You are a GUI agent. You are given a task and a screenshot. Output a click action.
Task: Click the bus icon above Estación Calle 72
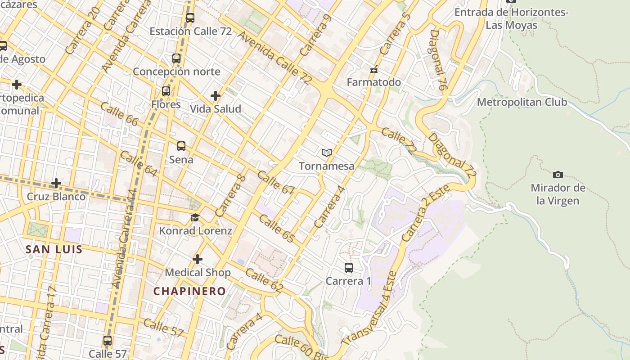[190, 18]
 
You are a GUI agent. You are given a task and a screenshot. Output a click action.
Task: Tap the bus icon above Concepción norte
[176, 58]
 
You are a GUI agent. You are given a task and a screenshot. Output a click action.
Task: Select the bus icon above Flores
[166, 91]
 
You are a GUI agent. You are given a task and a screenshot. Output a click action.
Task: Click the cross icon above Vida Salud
[216, 95]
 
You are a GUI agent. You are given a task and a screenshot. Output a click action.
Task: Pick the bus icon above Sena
[181, 146]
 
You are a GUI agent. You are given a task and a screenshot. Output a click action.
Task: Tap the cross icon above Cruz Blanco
[56, 183]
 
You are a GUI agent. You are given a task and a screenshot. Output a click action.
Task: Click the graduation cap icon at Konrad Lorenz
[195, 218]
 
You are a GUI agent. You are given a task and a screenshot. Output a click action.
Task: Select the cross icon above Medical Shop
[198, 259]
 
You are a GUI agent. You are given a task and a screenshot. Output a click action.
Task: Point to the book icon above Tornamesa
[327, 153]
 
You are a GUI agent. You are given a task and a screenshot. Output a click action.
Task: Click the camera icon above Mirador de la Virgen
[558, 175]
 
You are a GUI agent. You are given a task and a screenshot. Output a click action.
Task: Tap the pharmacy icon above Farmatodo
[373, 70]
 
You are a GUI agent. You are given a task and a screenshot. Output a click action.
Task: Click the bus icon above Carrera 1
[349, 268]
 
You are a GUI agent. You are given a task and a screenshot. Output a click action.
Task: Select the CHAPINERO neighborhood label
[189, 291]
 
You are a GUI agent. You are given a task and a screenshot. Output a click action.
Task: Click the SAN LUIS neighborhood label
[54, 249]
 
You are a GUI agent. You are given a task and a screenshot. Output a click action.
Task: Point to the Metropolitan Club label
[522, 102]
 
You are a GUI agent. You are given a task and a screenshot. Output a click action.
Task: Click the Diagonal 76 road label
[437, 60]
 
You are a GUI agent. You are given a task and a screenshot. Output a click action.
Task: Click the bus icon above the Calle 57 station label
[108, 341]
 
